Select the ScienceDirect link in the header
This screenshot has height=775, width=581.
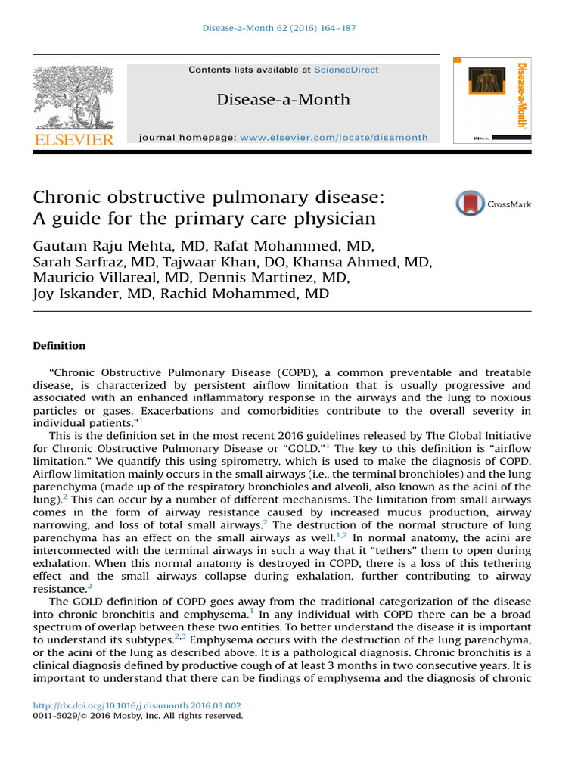click(346, 70)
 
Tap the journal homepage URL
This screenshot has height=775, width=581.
click(334, 138)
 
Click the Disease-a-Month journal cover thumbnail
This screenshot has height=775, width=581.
click(492, 99)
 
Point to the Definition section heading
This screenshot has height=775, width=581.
click(59, 346)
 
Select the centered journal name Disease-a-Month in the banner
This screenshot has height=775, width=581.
click(284, 99)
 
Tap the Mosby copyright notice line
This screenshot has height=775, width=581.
click(138, 715)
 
